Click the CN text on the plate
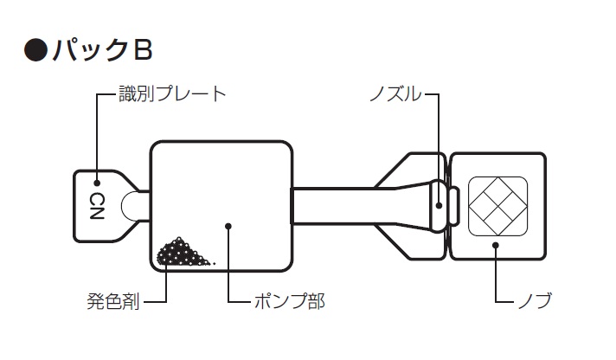pos(96,206)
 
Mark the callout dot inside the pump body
pos(228,226)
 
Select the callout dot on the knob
pos(496,245)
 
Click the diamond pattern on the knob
pos(497,206)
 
